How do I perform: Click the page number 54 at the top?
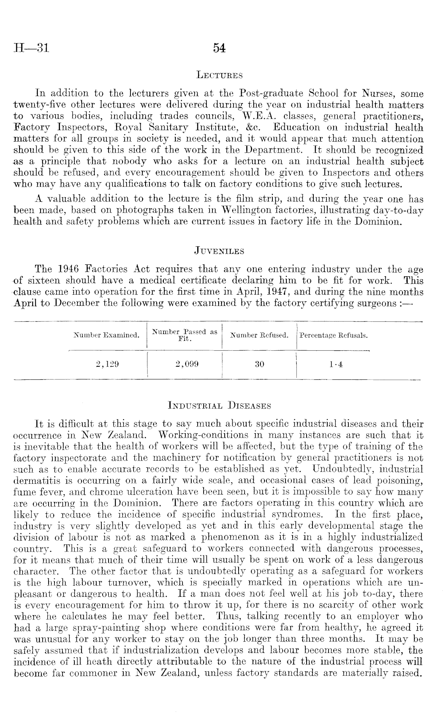(x=219, y=48)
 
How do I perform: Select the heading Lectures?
(x=220, y=75)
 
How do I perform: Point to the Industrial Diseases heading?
(x=220, y=406)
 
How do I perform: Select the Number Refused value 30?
(x=259, y=364)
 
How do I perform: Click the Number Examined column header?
(x=107, y=335)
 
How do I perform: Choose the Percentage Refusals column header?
(x=333, y=335)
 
